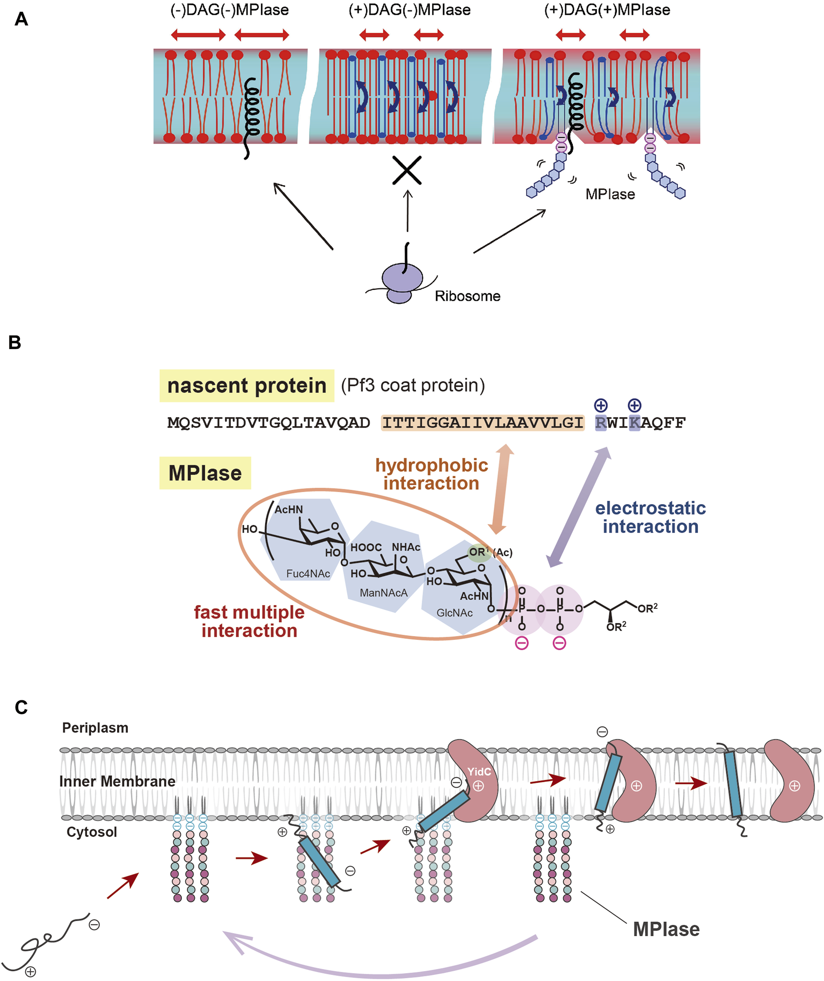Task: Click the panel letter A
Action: (x=21, y=19)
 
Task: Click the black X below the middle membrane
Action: (x=406, y=170)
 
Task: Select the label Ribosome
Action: (x=467, y=296)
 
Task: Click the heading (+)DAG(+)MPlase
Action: (x=607, y=10)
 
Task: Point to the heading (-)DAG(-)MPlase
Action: (x=229, y=10)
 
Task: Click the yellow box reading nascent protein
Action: (x=246, y=386)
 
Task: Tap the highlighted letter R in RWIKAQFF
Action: (x=600, y=423)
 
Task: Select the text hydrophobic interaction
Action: (x=431, y=474)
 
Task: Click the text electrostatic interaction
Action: (x=650, y=517)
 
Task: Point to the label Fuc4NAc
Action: (x=308, y=573)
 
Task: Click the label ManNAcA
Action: (x=383, y=593)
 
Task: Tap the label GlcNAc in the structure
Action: (x=454, y=613)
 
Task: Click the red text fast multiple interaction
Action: (x=249, y=621)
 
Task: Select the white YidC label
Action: (x=478, y=772)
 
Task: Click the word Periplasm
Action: (x=95, y=728)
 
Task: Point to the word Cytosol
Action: (x=92, y=832)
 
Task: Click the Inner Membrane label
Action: (x=117, y=781)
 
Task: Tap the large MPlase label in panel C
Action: (x=665, y=929)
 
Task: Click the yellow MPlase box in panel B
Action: (x=205, y=473)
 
